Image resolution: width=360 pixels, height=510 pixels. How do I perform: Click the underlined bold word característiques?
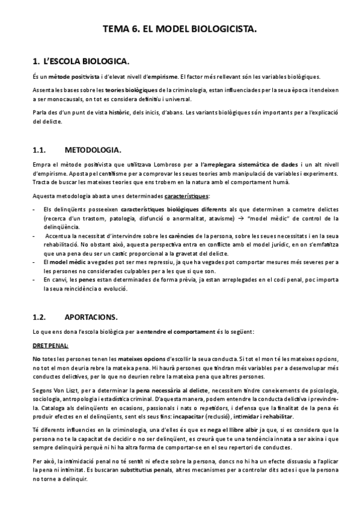tap(186, 195)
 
